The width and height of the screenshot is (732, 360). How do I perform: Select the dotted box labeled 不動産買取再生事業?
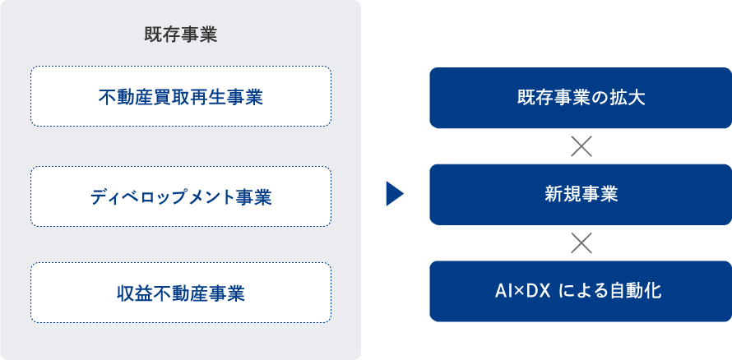coord(180,96)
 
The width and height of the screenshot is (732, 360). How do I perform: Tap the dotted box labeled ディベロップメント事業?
coord(180,196)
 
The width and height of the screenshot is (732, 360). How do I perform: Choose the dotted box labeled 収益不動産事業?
coord(180,293)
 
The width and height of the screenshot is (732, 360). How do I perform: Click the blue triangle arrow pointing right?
coord(394,194)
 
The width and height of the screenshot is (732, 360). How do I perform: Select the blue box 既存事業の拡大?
coord(581,99)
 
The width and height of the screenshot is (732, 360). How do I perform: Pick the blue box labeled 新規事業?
coord(581,195)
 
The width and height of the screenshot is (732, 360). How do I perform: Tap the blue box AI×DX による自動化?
coord(581,291)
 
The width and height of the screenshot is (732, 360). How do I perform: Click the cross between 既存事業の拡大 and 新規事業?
coord(581,146)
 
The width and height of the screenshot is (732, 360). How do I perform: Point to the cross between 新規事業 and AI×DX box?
coord(581,242)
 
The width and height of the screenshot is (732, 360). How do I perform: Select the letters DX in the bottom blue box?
coord(537,291)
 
